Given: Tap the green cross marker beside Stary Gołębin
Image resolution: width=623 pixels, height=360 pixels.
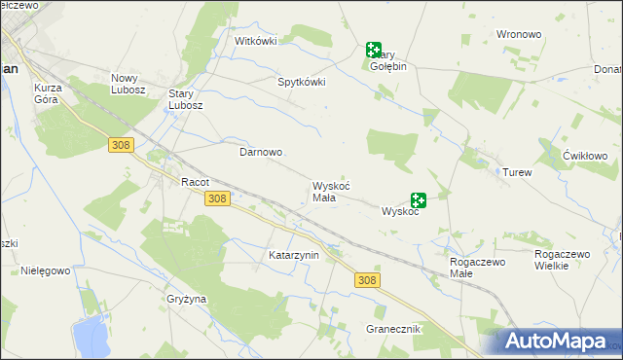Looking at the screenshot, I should click(374, 49).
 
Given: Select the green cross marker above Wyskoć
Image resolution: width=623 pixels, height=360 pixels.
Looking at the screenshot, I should click(419, 199).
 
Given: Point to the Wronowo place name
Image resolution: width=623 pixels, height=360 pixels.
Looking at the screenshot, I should click(518, 34).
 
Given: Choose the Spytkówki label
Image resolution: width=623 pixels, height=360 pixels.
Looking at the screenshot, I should click(302, 83).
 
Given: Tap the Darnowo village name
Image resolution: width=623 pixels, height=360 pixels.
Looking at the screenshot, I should click(261, 153).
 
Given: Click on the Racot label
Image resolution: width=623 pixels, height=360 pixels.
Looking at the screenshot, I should click(196, 182).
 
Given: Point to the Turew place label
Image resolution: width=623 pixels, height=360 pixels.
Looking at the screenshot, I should click(517, 172).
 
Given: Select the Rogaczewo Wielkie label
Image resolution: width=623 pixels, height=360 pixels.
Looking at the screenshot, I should click(563, 260).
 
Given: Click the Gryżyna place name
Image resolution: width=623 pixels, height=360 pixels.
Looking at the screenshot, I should click(186, 299).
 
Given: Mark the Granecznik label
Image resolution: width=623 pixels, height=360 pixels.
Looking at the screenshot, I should click(393, 329).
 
